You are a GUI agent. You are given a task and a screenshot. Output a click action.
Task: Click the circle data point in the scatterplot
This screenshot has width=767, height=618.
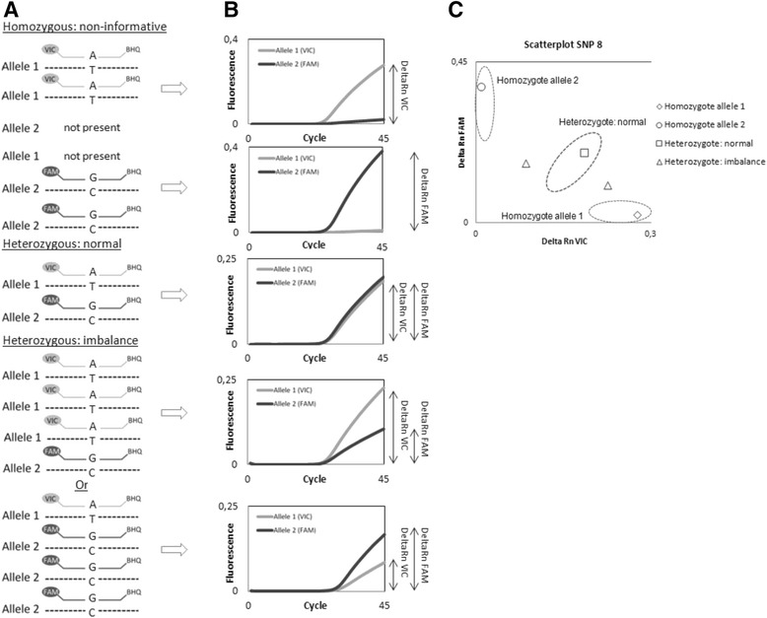click(481, 87)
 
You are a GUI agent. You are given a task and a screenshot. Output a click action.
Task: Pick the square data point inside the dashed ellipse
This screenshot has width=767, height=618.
click(584, 153)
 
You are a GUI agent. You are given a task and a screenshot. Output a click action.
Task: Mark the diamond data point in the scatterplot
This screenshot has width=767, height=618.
click(637, 214)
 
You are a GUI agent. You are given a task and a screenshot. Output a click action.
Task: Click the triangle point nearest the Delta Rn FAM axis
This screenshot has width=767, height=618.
click(525, 164)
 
